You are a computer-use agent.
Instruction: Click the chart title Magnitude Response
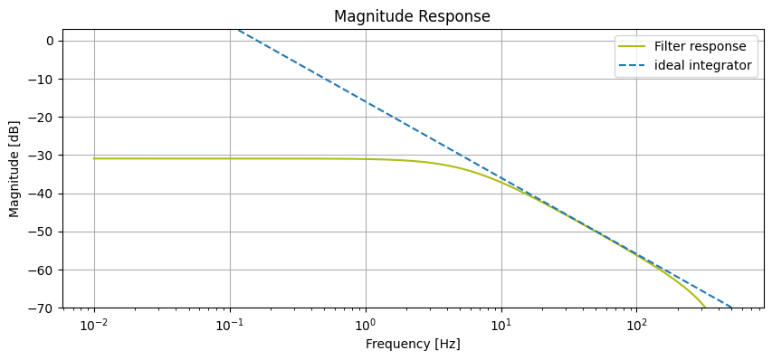point(412,16)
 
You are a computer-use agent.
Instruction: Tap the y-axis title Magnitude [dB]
point(14,168)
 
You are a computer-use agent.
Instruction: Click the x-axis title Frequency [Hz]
point(412,344)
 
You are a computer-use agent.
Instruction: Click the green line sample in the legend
point(634,47)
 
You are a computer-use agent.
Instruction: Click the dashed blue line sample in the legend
point(634,66)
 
